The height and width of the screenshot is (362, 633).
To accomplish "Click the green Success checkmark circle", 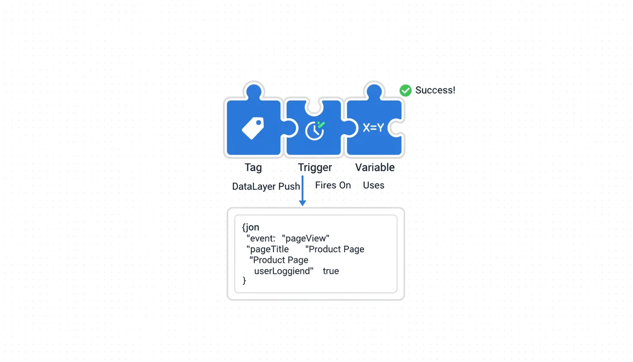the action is (x=405, y=90).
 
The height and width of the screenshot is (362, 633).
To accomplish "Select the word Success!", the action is (x=435, y=90).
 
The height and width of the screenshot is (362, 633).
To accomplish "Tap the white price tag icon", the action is (x=253, y=128).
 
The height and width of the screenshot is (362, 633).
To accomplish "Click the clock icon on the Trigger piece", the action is (x=315, y=131).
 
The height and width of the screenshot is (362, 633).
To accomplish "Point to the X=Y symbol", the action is (x=373, y=128).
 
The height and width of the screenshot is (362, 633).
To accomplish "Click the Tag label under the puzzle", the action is (x=253, y=167).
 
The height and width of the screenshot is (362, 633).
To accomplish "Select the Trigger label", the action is (x=315, y=167).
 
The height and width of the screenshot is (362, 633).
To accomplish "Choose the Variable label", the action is (x=375, y=167).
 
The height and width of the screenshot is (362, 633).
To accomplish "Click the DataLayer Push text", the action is (x=266, y=186).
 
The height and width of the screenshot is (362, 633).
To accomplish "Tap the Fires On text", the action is (x=333, y=185).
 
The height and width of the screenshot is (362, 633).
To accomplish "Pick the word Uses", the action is (x=373, y=185).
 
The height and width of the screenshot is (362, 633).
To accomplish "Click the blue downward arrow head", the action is (x=302, y=203).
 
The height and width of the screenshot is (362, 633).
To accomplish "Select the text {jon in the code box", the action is (x=251, y=227).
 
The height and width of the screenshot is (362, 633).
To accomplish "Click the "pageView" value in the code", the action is (x=306, y=239).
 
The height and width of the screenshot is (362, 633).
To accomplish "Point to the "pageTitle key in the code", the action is (x=268, y=249).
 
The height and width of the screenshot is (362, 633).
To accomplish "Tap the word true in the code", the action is (x=331, y=271).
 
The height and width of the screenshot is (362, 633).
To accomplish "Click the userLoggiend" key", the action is (x=284, y=271).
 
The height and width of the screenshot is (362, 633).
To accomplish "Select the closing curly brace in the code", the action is (x=244, y=280).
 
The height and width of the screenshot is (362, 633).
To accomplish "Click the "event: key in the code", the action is (x=261, y=239).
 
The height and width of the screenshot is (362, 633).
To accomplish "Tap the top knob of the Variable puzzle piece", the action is (x=374, y=91).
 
